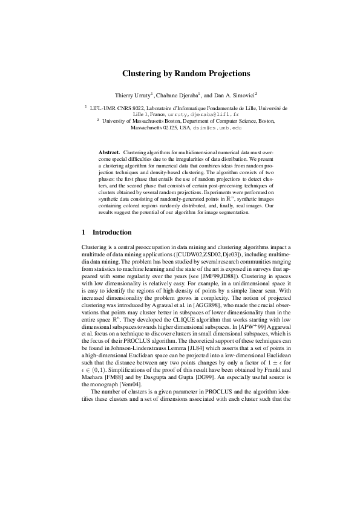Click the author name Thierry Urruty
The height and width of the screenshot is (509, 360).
pos(132,96)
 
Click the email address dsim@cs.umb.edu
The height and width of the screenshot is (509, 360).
pos(222,128)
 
